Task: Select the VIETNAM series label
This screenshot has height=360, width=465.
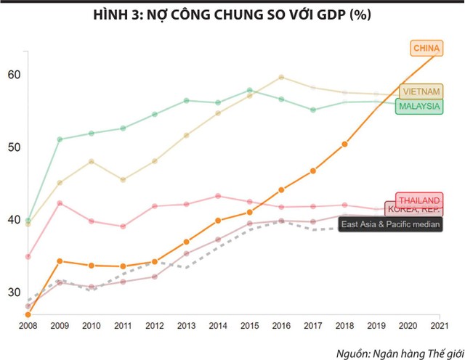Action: (421, 92)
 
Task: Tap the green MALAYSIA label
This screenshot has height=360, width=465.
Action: (419, 106)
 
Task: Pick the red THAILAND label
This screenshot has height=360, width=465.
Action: (418, 200)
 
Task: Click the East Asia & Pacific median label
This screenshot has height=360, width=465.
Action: (391, 225)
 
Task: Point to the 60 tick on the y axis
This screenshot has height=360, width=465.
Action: (15, 75)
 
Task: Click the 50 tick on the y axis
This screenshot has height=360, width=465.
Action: (15, 147)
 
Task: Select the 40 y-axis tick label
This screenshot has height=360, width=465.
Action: (15, 220)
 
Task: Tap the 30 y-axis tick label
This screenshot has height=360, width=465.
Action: (15, 292)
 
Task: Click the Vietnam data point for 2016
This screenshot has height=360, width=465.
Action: (282, 77)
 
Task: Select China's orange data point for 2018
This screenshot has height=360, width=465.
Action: (344, 144)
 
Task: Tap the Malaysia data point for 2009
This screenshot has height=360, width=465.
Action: (60, 139)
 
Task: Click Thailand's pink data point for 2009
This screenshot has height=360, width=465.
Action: (60, 203)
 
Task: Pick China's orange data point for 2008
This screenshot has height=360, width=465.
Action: (28, 314)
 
